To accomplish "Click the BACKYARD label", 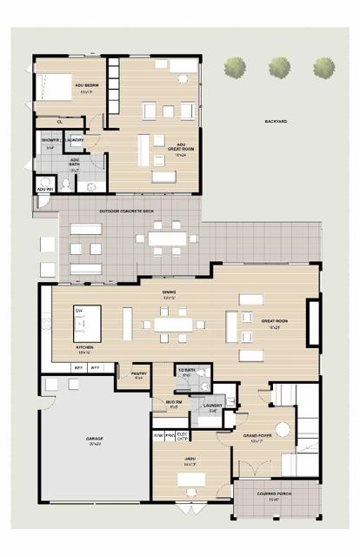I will pyautogui.click(x=276, y=121).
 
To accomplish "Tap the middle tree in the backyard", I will pyautogui.click(x=278, y=66).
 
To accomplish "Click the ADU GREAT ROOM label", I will pyautogui.click(x=181, y=147).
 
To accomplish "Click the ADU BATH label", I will pyautogui.click(x=75, y=163).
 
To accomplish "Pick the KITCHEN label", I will pyautogui.click(x=84, y=349).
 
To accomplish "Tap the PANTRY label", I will pyautogui.click(x=138, y=375).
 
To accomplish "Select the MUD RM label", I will pyautogui.click(x=173, y=403).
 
